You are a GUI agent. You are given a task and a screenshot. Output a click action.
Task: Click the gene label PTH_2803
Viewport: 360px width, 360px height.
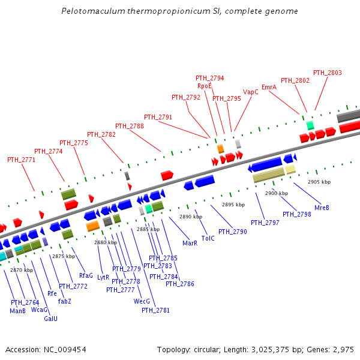[328, 73]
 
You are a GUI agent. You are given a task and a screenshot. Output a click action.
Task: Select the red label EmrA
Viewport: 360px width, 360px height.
[269, 87]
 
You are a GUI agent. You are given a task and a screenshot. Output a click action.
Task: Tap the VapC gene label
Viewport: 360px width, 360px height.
[251, 92]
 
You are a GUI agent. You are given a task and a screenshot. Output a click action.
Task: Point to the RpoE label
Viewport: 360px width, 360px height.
[205, 86]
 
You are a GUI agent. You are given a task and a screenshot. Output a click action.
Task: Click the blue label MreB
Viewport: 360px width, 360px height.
[322, 208]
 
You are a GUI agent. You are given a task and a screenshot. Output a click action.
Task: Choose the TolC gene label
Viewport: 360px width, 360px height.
[208, 238]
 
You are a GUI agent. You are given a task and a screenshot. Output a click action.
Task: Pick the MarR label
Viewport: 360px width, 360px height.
[190, 244]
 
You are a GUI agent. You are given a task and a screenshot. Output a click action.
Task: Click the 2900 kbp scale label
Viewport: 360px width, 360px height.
[277, 193]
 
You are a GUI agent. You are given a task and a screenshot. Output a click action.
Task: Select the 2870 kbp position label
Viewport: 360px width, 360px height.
[22, 270]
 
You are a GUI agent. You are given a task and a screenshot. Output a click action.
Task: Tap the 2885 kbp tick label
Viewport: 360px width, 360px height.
[148, 229]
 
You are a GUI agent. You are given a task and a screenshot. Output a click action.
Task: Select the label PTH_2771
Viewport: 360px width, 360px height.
[22, 160]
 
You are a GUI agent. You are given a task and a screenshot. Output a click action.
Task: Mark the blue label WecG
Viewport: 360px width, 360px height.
[142, 302]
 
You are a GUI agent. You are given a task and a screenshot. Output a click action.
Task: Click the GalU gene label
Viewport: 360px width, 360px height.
[51, 319]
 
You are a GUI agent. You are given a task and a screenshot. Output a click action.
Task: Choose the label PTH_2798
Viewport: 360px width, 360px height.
[297, 214]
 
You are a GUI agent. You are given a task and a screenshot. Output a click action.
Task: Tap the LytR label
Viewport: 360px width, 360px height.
[103, 278]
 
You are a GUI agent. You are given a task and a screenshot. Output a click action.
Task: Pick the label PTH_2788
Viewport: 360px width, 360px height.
[130, 127]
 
